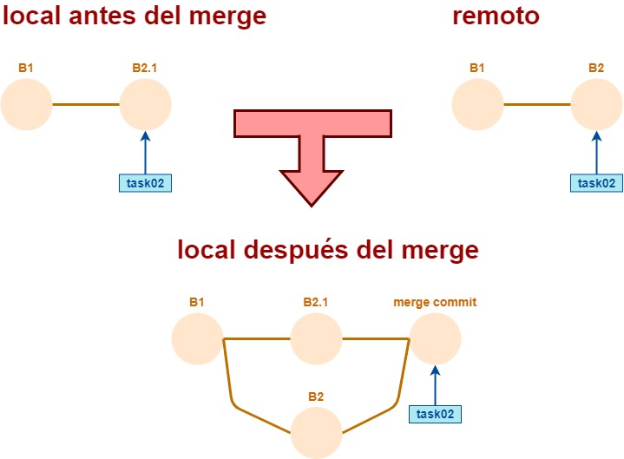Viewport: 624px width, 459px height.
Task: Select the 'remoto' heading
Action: coord(496,16)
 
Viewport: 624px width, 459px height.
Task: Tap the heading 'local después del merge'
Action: coord(328,250)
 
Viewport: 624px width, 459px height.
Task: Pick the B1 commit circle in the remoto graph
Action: coord(477,105)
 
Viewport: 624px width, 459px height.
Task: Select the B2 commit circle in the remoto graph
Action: coord(596,105)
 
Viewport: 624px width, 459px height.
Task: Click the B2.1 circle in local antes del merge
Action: coord(145,105)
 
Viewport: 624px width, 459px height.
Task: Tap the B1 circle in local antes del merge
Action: coord(27,105)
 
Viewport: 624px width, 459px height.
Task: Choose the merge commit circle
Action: coord(435,338)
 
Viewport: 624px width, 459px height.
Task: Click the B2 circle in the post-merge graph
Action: coord(316,432)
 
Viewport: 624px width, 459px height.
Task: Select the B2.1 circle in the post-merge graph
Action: coord(316,338)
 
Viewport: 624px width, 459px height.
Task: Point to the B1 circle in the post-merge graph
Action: coord(198,338)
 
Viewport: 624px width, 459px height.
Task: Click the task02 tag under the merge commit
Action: coord(435,414)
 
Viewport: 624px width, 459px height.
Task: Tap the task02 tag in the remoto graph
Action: coord(596,182)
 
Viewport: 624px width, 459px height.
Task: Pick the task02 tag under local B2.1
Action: coord(145,182)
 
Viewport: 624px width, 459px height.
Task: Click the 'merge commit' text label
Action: coord(435,303)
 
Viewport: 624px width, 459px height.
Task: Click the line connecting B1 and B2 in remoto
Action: coord(536,105)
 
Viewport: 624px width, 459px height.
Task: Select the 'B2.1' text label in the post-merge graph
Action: coord(316,303)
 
